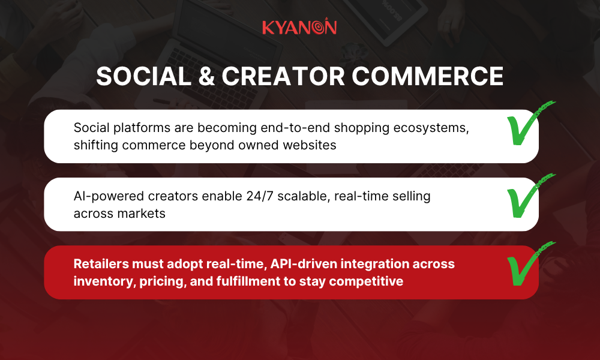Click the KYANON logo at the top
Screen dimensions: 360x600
(x=299, y=27)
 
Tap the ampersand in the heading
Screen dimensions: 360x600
(x=199, y=76)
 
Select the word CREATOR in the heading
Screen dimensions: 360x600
(x=277, y=76)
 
